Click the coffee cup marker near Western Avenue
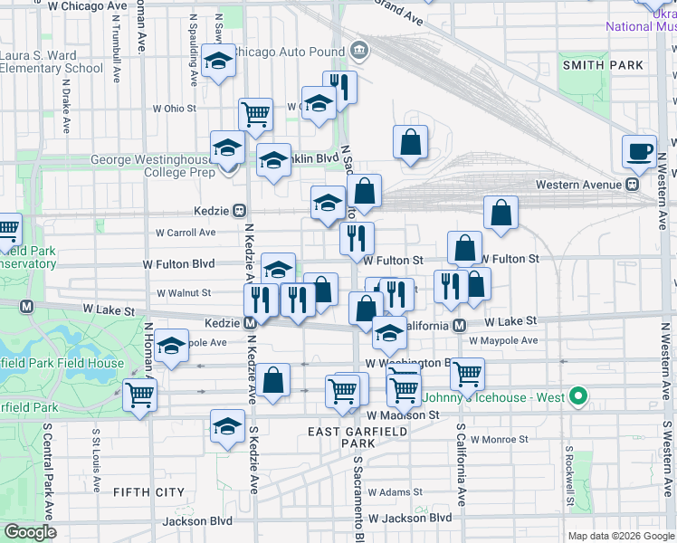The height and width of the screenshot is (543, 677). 639,151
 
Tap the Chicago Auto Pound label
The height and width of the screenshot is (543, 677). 290,51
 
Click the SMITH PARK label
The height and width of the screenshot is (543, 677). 603,65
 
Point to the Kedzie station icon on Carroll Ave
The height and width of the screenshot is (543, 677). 240,210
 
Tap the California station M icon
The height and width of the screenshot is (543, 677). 459,325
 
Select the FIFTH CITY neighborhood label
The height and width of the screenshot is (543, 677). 149,492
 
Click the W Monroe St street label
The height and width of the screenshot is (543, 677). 492,440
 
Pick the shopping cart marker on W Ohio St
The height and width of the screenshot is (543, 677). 256,114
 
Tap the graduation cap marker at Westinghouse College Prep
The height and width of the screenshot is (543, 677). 227,147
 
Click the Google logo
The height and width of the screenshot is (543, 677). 30,531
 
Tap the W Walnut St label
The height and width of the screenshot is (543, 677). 184,293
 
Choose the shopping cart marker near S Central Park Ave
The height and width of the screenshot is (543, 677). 140,394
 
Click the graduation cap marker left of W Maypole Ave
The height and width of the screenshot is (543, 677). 170,348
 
